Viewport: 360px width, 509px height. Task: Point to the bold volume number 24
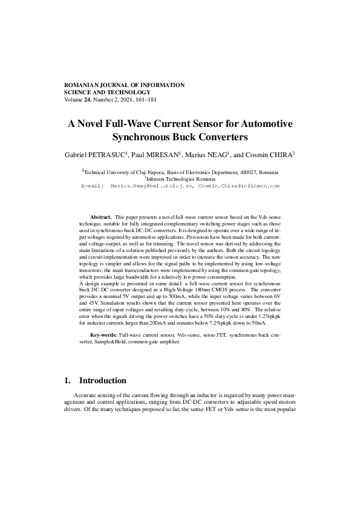[x=87, y=100]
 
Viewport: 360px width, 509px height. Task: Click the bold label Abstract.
[x=100, y=216]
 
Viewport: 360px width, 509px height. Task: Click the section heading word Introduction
[x=103, y=381]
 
